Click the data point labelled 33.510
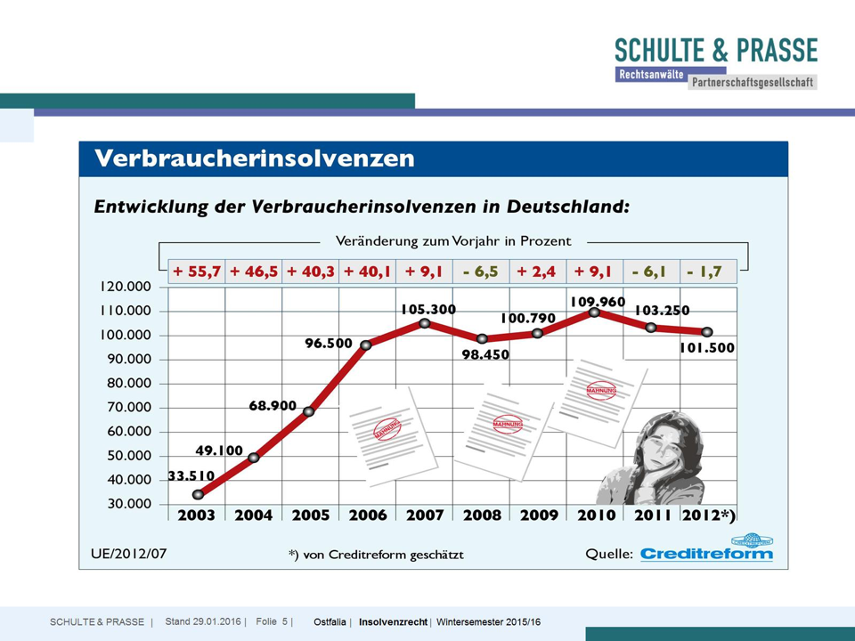(x=198, y=494)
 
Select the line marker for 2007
(x=424, y=323)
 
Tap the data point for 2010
(x=594, y=312)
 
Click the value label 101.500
(x=706, y=348)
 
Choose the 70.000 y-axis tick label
(x=127, y=408)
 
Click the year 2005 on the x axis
(x=311, y=515)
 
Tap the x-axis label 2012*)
(x=709, y=515)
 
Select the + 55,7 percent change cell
(x=197, y=272)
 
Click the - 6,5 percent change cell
(x=481, y=272)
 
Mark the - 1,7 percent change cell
(x=708, y=272)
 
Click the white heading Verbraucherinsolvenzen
(x=255, y=159)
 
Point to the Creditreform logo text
(x=707, y=554)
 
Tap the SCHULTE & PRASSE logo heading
(x=715, y=50)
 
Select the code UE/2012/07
(x=128, y=553)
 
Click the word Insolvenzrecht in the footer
(x=394, y=622)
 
